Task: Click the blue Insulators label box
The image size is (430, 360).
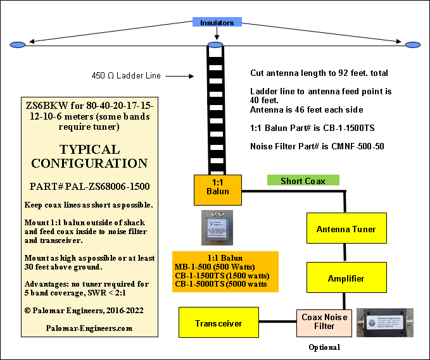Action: [x=217, y=23]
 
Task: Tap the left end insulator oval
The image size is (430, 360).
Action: [x=17, y=44]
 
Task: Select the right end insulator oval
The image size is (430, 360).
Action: [x=413, y=44]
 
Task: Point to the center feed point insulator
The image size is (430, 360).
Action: [x=215, y=45]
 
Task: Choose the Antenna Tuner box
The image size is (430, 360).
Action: [x=346, y=229]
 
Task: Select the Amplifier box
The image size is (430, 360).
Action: [x=346, y=278]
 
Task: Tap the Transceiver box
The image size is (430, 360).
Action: [x=218, y=323]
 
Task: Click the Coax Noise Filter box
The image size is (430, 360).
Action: [x=324, y=322]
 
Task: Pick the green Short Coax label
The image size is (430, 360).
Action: [x=303, y=181]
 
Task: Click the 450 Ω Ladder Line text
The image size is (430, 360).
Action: [x=126, y=76]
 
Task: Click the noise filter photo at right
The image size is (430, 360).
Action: [x=384, y=322]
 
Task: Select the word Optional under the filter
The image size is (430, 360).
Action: [x=325, y=347]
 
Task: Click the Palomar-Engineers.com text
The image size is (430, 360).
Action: [x=89, y=328]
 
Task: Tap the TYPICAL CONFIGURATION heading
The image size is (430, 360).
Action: [x=89, y=156]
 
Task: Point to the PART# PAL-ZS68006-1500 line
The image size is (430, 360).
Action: [x=89, y=187]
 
